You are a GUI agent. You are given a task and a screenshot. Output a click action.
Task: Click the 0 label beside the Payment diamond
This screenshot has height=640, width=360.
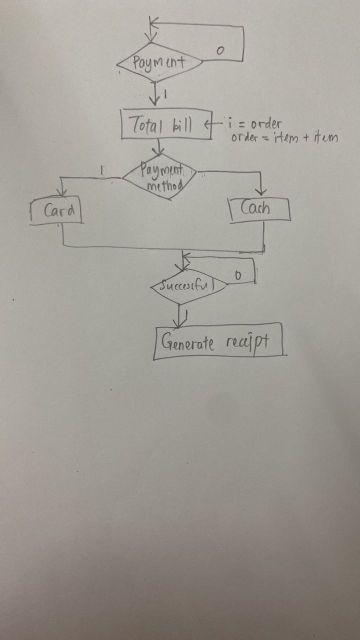220,47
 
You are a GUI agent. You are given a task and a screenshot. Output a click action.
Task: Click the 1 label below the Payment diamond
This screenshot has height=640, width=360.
164,94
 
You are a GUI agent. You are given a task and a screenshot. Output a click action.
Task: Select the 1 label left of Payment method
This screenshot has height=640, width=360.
104,170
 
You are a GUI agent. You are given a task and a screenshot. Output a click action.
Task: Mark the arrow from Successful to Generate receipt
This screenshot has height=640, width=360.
179,312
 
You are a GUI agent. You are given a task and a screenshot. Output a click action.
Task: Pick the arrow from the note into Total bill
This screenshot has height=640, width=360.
215,124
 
